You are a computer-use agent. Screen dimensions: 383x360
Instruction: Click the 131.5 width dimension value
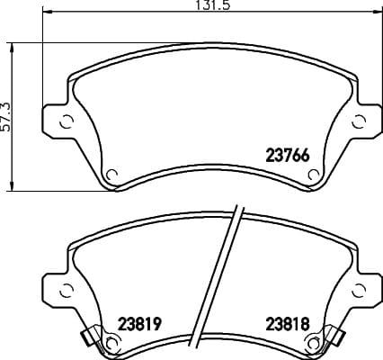213,5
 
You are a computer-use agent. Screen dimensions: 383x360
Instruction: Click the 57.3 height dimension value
5,117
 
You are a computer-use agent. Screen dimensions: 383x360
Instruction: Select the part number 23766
288,156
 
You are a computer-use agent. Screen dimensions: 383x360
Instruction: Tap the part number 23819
140,324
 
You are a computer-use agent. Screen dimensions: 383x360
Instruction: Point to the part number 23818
288,324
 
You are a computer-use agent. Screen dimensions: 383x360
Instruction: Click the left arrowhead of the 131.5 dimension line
48,13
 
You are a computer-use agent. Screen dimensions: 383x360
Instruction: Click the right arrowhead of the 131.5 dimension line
377,13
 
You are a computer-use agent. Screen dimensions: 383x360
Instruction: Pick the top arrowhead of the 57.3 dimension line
12,48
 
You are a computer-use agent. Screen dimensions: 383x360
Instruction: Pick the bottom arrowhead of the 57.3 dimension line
12,185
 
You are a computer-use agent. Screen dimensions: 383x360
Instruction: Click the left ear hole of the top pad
67,122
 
